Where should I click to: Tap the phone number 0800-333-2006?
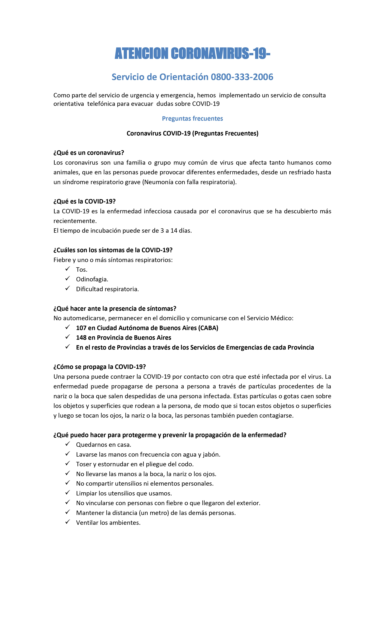pyautogui.click(x=242, y=77)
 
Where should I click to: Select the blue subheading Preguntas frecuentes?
pyautogui.click(x=192, y=119)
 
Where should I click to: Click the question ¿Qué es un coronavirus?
pyautogui.click(x=88, y=153)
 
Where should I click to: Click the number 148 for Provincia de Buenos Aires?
pyautogui.click(x=81, y=338)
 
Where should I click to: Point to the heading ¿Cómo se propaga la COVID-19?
pyautogui.click(x=100, y=367)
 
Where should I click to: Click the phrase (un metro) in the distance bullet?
pyautogui.click(x=154, y=513)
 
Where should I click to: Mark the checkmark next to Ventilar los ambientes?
pyautogui.click(x=68, y=522)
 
